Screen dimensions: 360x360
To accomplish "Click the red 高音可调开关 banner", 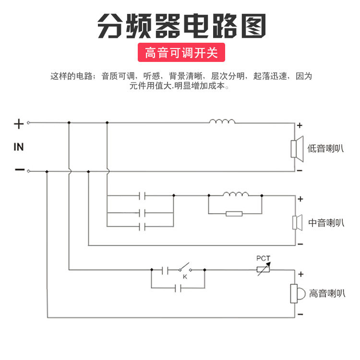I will tap(181, 52).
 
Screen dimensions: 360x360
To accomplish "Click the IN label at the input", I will tap(18, 147).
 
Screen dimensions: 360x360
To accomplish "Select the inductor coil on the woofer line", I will tap(222, 121).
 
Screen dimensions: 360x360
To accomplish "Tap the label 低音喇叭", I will tap(326, 148).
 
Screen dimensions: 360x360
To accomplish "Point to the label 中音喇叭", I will tap(326, 222).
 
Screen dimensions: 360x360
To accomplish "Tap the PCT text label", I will tap(263, 258).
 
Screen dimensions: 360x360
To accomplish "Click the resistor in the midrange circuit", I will tap(234, 213).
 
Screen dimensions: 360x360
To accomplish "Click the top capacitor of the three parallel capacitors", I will tap(142, 196).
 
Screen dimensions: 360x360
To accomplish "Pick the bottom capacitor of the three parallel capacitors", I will tap(142, 226).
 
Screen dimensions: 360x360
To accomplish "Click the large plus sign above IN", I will tap(19, 124).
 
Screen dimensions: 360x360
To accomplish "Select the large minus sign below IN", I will tap(19, 170).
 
